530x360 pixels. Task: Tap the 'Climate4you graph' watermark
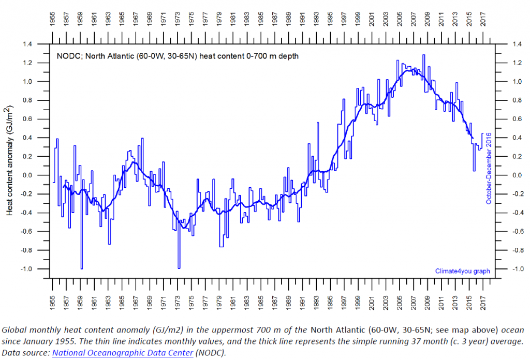pyautogui.click(x=461, y=271)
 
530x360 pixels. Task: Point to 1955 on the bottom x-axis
pyautogui.click(x=53, y=303)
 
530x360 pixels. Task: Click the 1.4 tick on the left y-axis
pyautogui.click(x=40, y=44)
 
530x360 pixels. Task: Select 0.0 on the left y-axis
pyautogui.click(x=40, y=175)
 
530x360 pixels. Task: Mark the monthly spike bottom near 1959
pyautogui.click(x=81, y=268)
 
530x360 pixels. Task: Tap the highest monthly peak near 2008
pyautogui.click(x=424, y=55)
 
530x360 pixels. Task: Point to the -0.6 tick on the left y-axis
pyautogui.click(x=39, y=231)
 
